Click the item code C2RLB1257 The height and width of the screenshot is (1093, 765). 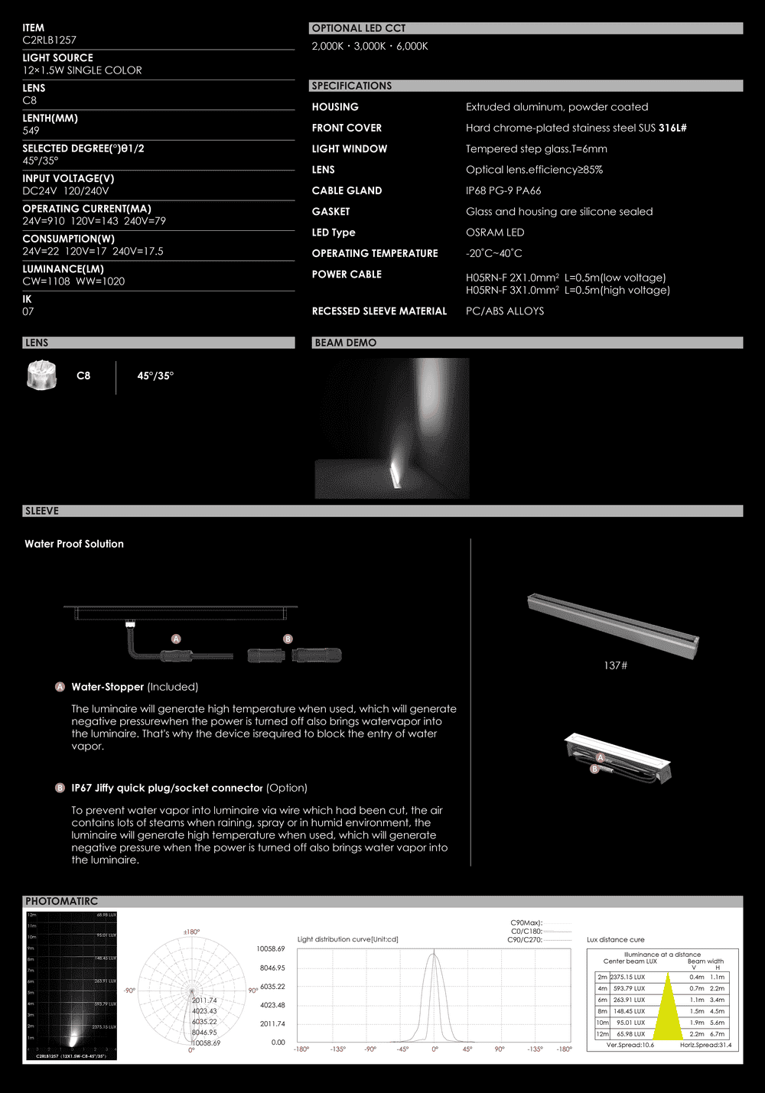coord(49,40)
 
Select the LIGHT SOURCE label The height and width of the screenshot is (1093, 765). coord(57,57)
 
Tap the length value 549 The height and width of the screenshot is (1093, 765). coord(31,130)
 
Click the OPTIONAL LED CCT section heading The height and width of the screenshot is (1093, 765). coord(359,28)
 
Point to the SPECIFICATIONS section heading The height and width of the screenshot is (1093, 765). coord(351,86)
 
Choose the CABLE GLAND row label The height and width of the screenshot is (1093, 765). coord(347,190)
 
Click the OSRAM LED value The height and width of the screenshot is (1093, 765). coord(495,233)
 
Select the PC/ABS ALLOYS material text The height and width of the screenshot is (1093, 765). coord(505,311)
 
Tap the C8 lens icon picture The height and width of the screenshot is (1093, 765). coord(41,375)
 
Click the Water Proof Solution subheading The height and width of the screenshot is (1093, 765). coord(74,544)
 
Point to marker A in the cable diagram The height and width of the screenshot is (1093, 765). coord(176,639)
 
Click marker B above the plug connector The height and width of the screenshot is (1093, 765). coord(288,639)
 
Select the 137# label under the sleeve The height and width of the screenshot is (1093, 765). coord(615,665)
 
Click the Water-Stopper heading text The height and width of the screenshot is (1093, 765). coord(108,687)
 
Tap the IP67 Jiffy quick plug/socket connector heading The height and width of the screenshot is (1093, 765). coord(167,788)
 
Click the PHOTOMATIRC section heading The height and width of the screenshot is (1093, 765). coord(61,901)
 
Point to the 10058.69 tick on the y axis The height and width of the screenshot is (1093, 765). coord(270,948)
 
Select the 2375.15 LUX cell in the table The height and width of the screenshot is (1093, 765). coord(627,977)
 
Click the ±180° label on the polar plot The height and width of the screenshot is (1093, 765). coord(191,932)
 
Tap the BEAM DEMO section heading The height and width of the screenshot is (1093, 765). coord(345,343)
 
